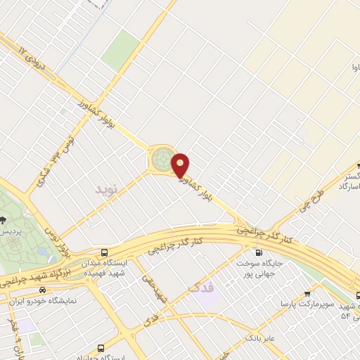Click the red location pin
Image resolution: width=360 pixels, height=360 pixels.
coord(181,165)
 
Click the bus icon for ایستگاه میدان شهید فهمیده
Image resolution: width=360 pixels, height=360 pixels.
coord(105,252)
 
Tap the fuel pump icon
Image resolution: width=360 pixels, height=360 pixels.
coord(259,253)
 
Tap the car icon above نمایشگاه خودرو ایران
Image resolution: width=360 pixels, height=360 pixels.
coord(44,290)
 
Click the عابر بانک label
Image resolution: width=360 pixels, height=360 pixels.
coord(260,338)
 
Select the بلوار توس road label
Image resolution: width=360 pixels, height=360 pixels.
coord(64,241)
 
